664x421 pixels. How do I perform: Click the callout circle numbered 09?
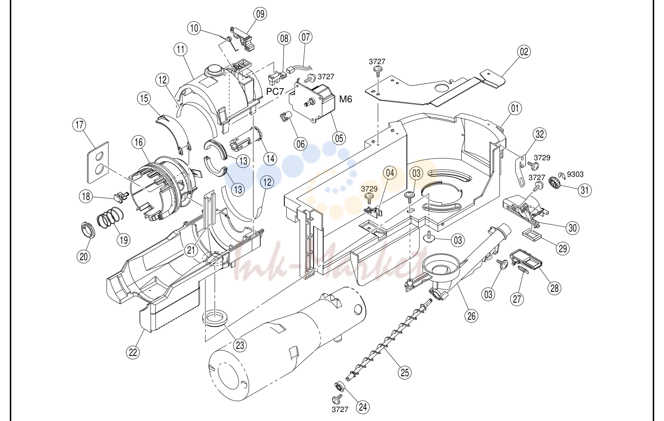pyautogui.click(x=260, y=14)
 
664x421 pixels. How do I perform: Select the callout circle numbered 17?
pyautogui.click(x=79, y=125)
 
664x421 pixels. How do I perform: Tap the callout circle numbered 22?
pyautogui.click(x=133, y=353)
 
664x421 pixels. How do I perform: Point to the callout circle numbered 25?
pyautogui.click(x=405, y=372)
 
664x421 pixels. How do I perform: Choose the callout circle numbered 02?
pyautogui.click(x=524, y=51)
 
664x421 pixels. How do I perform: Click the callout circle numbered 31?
pyautogui.click(x=585, y=190)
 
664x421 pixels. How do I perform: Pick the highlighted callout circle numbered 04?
pyautogui.click(x=390, y=173)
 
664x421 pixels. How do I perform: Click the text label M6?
pyautogui.click(x=345, y=99)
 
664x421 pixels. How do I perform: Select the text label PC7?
pyautogui.click(x=275, y=91)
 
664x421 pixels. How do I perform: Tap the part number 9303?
pyautogui.click(x=575, y=174)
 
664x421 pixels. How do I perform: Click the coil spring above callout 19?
pyautogui.click(x=110, y=219)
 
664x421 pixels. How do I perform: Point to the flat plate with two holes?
pyautogui.click(x=98, y=162)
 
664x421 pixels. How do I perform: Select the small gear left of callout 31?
pyautogui.click(x=554, y=182)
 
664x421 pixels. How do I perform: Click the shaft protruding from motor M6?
pyautogui.click(x=309, y=103)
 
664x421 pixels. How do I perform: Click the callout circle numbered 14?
pyautogui.click(x=270, y=159)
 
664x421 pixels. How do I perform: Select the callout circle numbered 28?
pyautogui.click(x=554, y=288)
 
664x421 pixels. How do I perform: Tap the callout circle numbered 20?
pyautogui.click(x=83, y=256)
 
